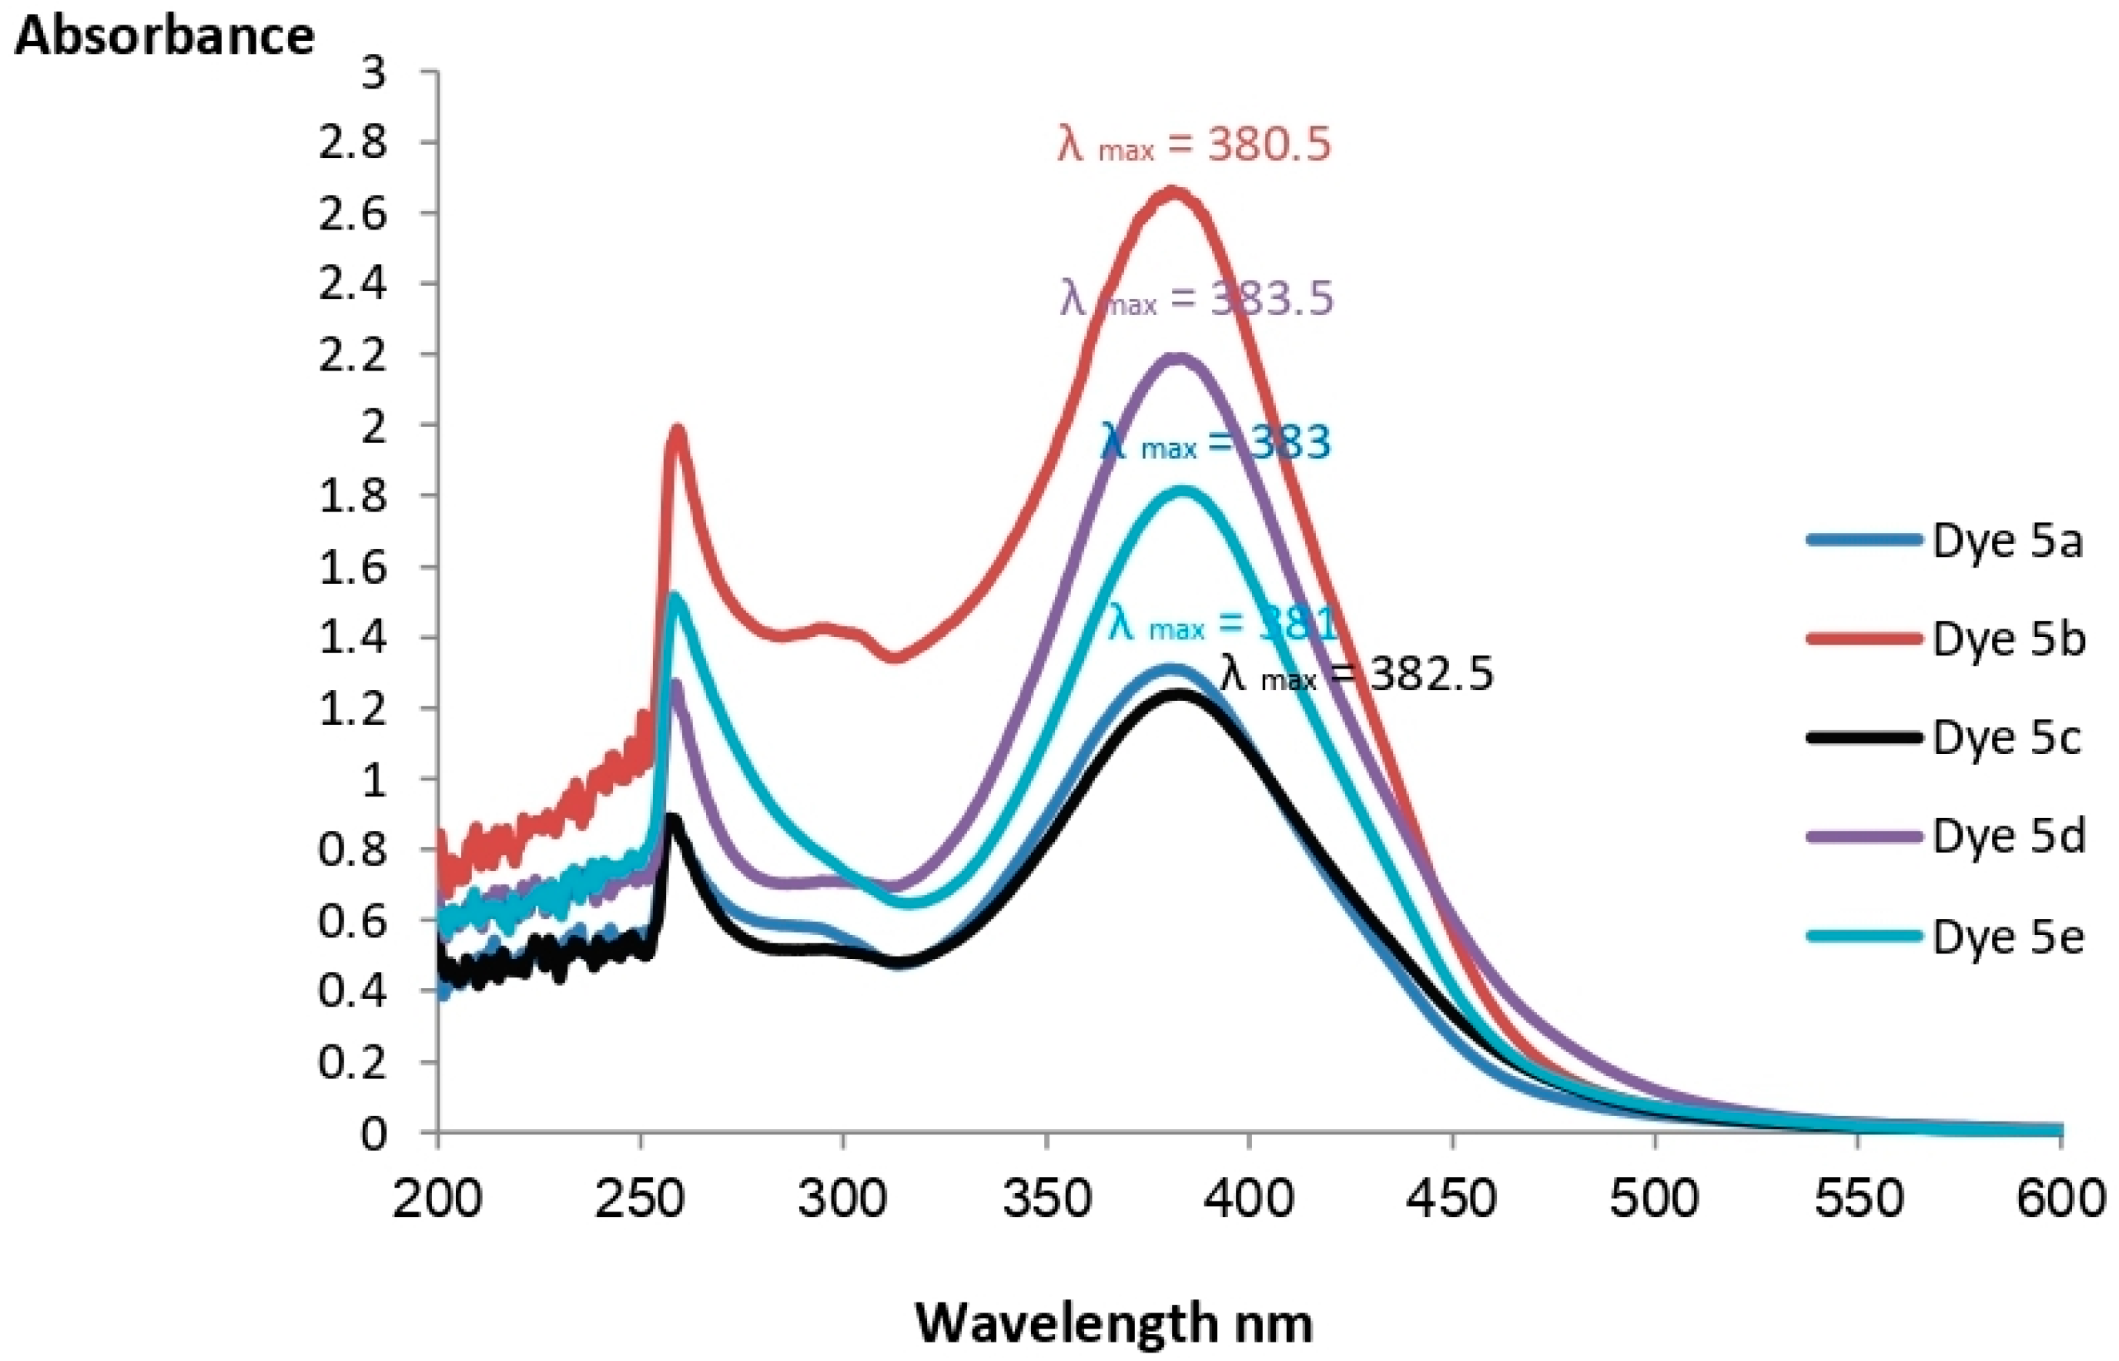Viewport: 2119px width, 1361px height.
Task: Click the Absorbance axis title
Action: (x=164, y=37)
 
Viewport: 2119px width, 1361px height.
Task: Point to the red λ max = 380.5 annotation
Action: (x=1194, y=144)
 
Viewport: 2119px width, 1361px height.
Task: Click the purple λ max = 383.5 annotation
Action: (x=1197, y=299)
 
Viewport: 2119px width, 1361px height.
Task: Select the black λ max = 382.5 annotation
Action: (x=1357, y=674)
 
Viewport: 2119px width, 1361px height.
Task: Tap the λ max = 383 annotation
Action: (x=1215, y=442)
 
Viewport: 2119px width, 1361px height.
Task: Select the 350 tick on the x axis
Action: (x=1046, y=1199)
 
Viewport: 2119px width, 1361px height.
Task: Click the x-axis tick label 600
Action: (x=2060, y=1199)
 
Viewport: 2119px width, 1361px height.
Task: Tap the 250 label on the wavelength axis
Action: (x=640, y=1199)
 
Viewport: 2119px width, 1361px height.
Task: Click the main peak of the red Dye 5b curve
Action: (x=1173, y=190)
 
